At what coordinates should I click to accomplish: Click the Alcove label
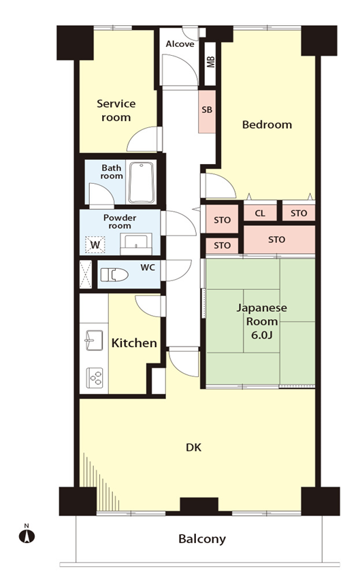coord(180,44)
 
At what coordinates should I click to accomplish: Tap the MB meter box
coord(210,63)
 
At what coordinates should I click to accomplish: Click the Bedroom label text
coord(267,125)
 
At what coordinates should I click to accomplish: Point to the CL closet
coord(260,213)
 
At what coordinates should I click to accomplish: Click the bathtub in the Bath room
coord(142,182)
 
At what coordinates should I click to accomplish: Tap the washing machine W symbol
coord(95,245)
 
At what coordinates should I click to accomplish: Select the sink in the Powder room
coord(136,244)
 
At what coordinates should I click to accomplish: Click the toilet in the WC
coord(114,275)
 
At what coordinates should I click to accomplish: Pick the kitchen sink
coord(94,340)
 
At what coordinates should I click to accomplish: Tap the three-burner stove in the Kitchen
coord(95,378)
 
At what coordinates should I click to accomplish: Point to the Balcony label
coord(202,539)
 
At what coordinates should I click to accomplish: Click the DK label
coord(194,447)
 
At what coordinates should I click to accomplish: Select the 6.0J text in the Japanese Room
coord(262,335)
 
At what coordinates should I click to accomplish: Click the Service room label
coord(116,110)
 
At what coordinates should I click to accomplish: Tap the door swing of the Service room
coord(142,139)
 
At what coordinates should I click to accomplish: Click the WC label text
coord(148,267)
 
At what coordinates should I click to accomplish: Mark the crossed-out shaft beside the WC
coord(86,274)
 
